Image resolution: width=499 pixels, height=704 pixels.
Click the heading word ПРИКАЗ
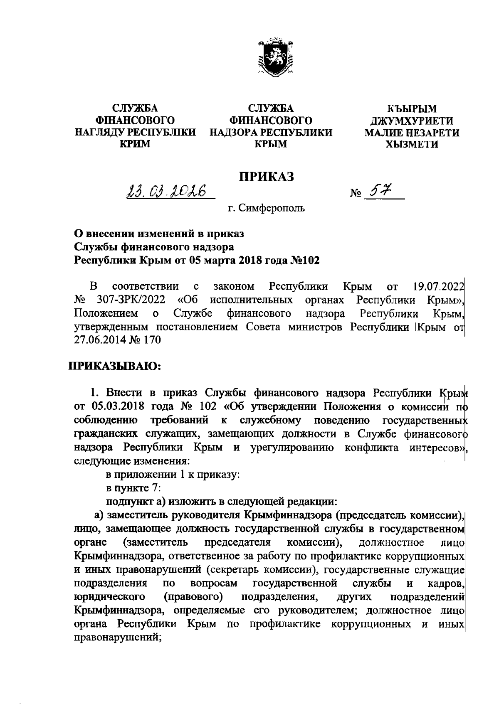(266, 176)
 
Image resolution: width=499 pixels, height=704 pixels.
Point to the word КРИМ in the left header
(135, 144)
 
